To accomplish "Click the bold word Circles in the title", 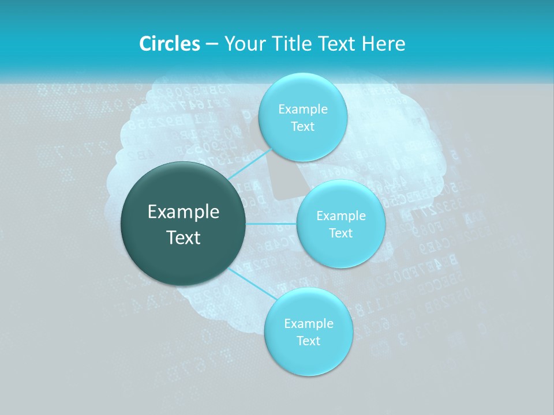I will pyautogui.click(x=169, y=44).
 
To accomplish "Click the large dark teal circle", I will pyautogui.click(x=184, y=254).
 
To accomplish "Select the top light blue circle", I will pyautogui.click(x=303, y=92).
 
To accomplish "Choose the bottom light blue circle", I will pyautogui.click(x=308, y=357).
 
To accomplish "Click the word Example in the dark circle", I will pyautogui.click(x=184, y=212).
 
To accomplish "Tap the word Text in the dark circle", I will pyautogui.click(x=184, y=237).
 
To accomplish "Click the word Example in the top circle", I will pyautogui.click(x=303, y=110).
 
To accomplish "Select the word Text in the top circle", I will pyautogui.click(x=303, y=127).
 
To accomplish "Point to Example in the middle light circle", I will pyautogui.click(x=341, y=216).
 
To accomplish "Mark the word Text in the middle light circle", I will pyautogui.click(x=341, y=233).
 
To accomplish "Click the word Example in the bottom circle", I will pyautogui.click(x=308, y=324).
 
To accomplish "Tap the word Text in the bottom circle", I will pyautogui.click(x=308, y=341).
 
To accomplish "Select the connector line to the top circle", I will pyautogui.click(x=248, y=164).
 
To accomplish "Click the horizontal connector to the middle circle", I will pyautogui.click(x=271, y=224).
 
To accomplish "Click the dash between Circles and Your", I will pyautogui.click(x=212, y=44).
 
